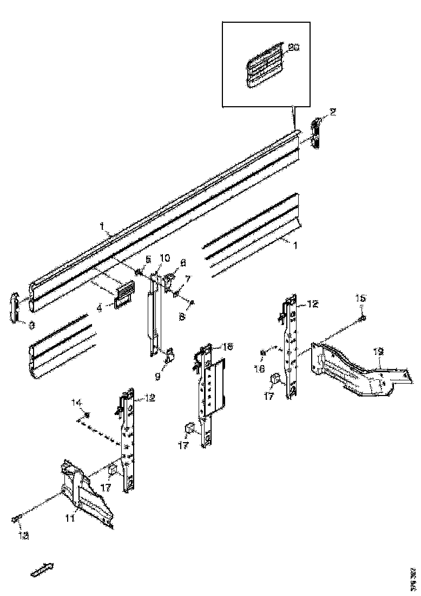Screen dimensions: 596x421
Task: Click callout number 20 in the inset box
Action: (x=293, y=48)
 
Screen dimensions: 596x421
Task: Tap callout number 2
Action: (x=333, y=112)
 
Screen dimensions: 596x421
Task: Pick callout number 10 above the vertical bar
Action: (x=165, y=257)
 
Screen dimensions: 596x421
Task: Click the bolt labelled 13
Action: (x=16, y=520)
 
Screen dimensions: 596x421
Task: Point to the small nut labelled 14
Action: (x=86, y=415)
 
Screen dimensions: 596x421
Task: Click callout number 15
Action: (x=360, y=297)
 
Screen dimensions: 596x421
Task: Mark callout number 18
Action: (x=227, y=346)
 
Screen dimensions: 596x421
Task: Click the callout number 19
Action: (x=379, y=352)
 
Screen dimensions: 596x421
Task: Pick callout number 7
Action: (x=187, y=278)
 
